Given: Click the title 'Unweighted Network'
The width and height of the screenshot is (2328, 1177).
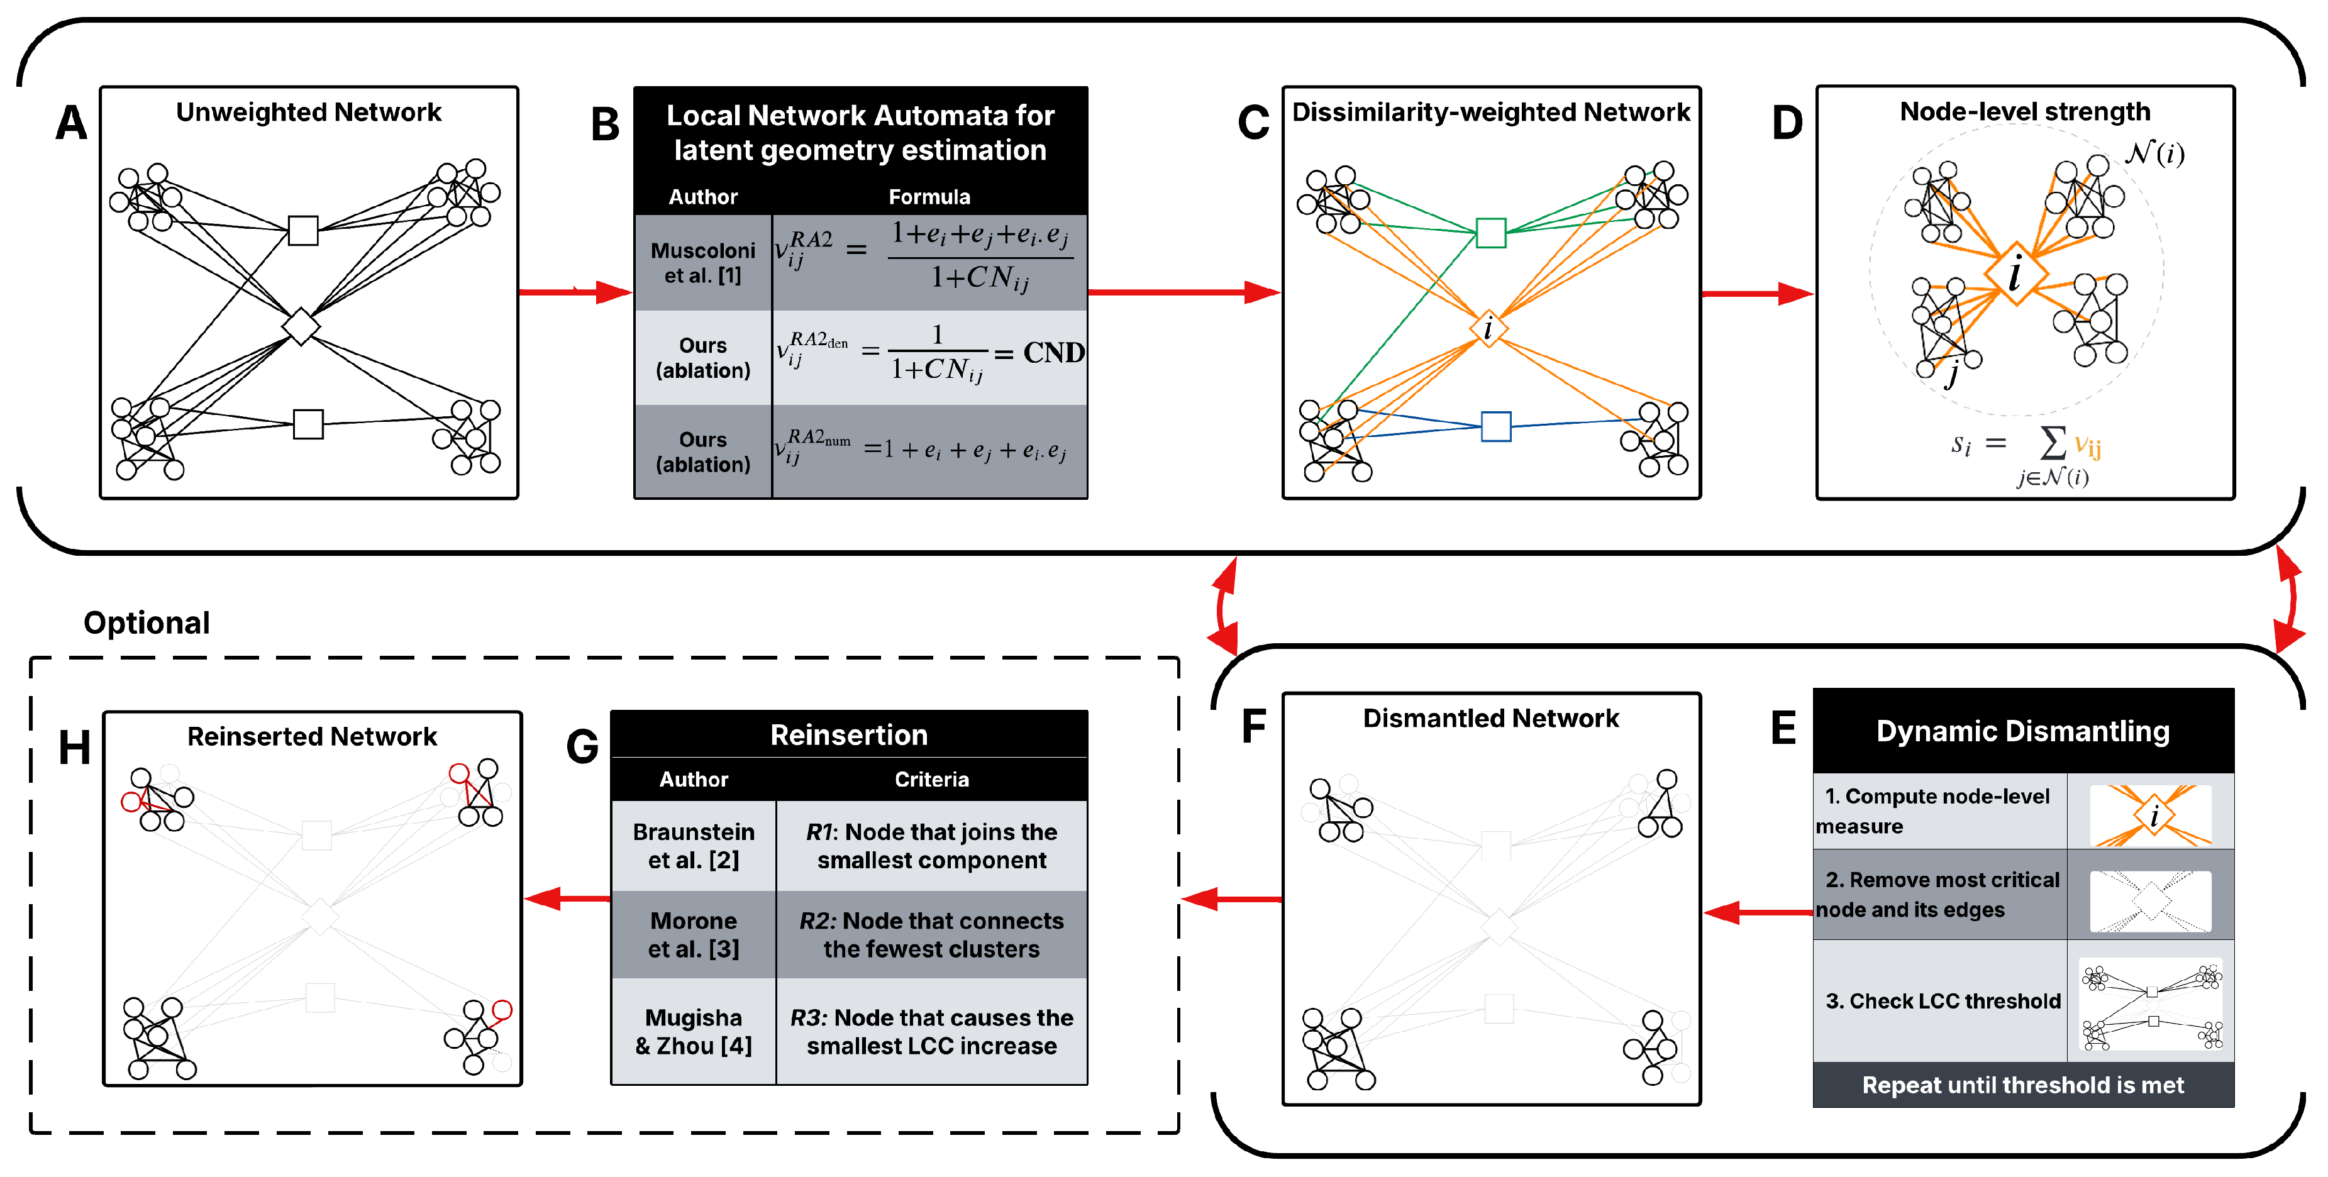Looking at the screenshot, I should coord(308,112).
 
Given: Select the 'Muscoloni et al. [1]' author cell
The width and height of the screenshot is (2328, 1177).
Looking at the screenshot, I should coord(702,263).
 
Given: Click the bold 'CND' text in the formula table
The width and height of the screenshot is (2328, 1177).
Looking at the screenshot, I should coord(1053,352).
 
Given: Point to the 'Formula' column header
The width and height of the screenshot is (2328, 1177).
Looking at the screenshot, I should coord(928,197).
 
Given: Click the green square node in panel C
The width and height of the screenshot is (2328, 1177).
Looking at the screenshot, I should coord(1490,233).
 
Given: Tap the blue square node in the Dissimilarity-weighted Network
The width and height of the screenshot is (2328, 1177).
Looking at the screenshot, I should coord(1495,426).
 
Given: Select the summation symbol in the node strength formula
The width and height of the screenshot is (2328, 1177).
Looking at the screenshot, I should coord(2053,443).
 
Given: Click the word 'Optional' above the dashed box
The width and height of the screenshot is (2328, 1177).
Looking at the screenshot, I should coord(147,622).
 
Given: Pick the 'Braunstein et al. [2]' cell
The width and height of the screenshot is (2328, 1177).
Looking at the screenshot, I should coord(693,846).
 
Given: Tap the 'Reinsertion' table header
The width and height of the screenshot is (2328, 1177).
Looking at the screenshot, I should coord(848,734).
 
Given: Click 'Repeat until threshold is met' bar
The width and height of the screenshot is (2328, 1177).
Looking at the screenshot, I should coord(2022,1085).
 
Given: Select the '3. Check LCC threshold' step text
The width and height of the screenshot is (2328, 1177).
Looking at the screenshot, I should coord(1942,1001).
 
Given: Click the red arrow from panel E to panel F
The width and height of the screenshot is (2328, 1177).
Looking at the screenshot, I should coord(1758,912).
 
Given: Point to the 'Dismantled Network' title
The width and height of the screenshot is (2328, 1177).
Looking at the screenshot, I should coord(1490,718).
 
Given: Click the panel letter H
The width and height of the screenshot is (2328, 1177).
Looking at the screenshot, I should coord(74,748).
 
